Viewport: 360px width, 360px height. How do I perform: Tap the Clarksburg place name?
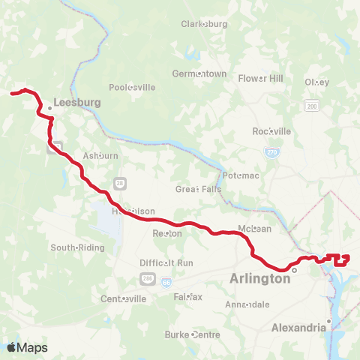point(204,24)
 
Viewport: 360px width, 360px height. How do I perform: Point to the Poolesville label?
point(132,87)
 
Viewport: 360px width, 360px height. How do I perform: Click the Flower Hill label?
point(260,78)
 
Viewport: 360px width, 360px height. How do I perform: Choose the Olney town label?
point(317,82)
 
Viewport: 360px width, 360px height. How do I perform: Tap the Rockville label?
point(272,131)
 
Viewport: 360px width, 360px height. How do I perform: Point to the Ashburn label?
point(100,156)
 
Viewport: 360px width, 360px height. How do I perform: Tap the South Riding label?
point(76,247)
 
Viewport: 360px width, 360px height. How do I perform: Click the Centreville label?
point(124,298)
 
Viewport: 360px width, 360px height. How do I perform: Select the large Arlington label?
point(259,279)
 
